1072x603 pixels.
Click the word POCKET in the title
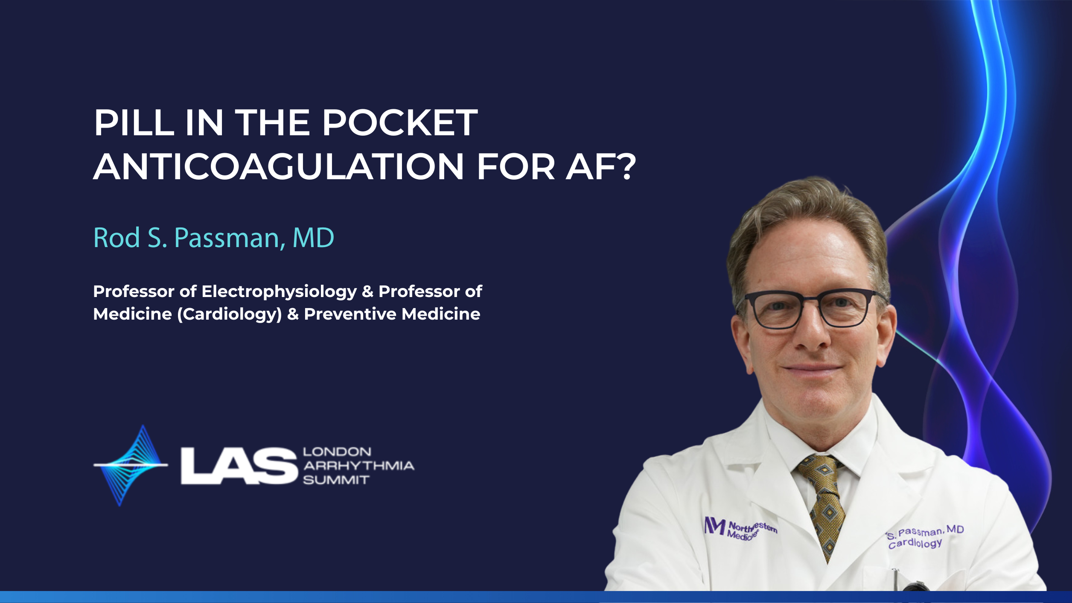click(400, 123)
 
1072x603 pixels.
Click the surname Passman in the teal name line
click(230, 238)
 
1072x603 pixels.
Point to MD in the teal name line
click(313, 237)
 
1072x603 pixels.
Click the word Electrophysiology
click(279, 292)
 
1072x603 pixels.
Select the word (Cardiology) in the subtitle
click(230, 315)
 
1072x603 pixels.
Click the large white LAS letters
click(239, 466)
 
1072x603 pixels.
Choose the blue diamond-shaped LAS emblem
click(131, 465)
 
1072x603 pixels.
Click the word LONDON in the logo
click(337, 452)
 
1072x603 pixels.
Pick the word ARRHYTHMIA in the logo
click(358, 466)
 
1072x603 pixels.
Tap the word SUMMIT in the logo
click(336, 480)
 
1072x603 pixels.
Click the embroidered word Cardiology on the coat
click(915, 543)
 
